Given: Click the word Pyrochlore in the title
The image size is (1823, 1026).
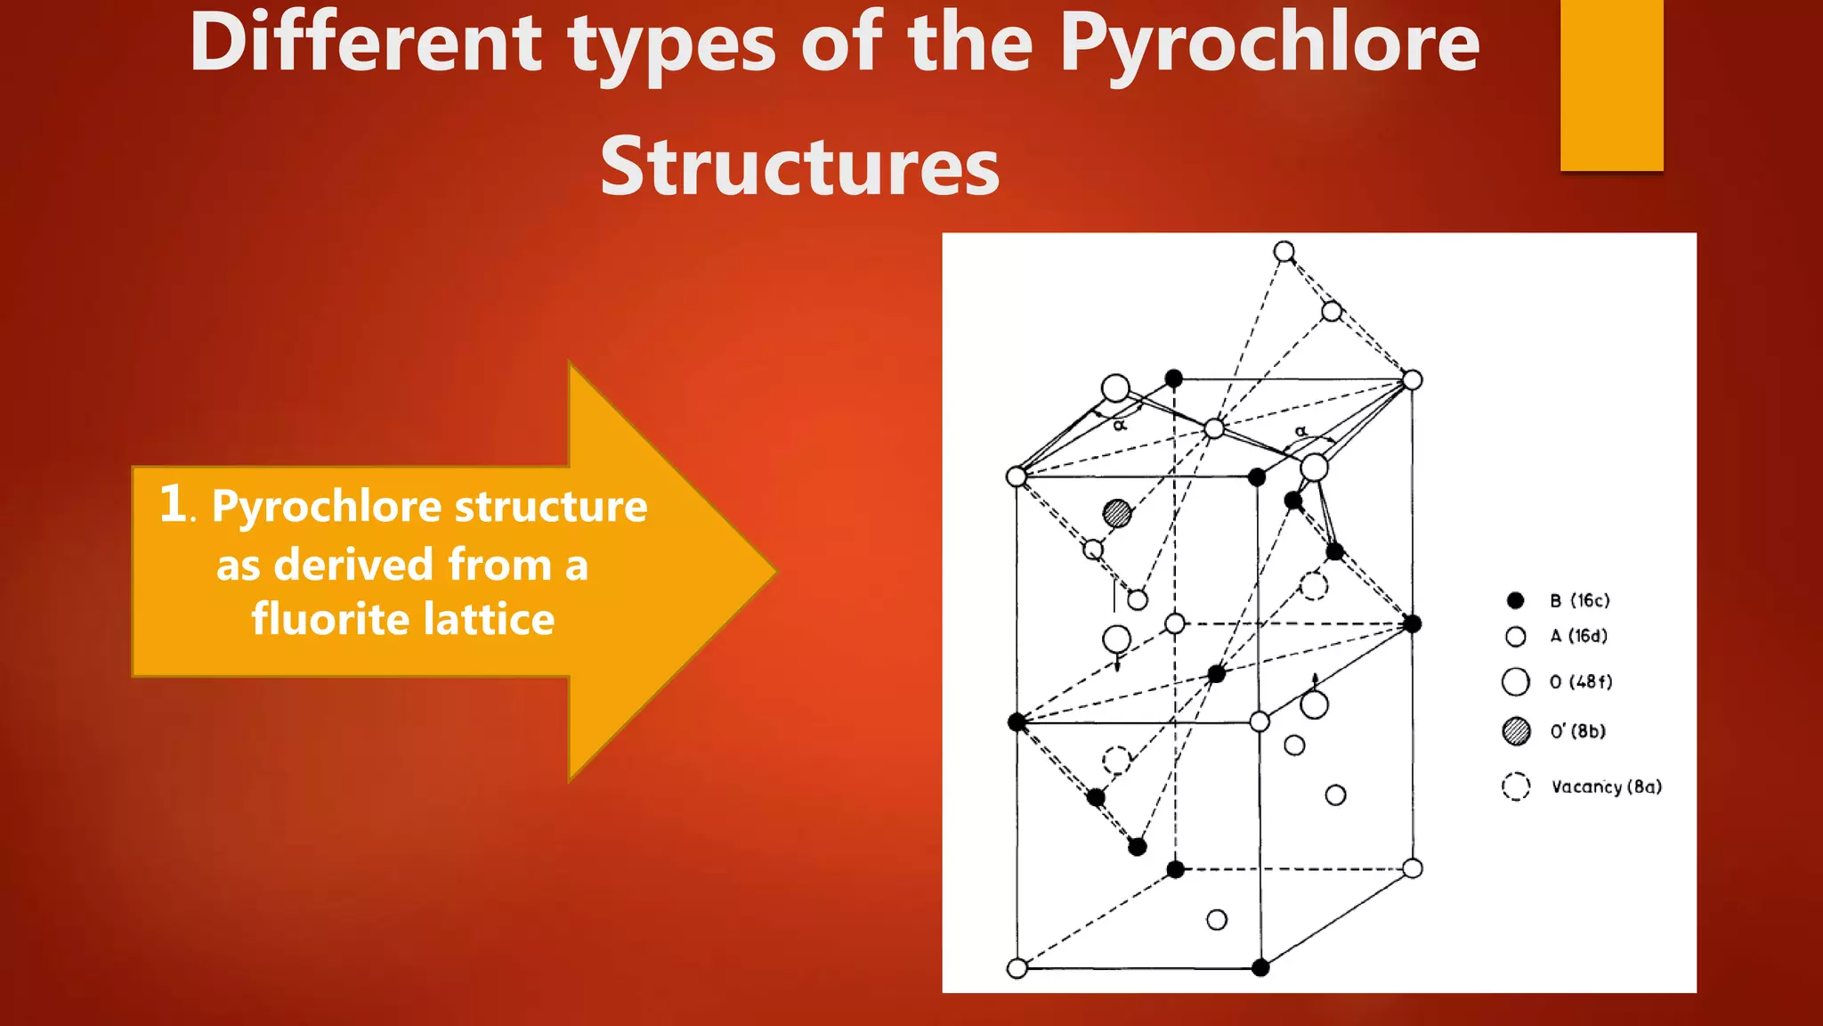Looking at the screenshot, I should [1268, 45].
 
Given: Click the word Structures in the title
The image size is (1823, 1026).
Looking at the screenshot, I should [799, 167].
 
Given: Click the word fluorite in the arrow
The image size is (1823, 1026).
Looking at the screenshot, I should [329, 619].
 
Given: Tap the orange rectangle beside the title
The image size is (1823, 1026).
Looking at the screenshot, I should [1611, 85].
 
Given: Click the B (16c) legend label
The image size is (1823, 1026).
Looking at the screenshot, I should [1579, 600].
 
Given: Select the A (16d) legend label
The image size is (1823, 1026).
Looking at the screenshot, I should [1578, 636].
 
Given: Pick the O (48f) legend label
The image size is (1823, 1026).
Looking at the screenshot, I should [1580, 682].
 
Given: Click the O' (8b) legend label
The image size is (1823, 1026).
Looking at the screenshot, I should [1577, 731].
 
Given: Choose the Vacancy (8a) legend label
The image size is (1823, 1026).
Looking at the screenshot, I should [1606, 786].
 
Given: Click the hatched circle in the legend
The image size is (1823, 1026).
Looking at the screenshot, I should [1516, 731].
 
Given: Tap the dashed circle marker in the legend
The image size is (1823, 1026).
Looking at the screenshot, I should [1516, 786].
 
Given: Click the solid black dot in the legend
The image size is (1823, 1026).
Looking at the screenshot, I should [1516, 600].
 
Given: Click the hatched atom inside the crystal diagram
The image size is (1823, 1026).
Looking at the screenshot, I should [1117, 513].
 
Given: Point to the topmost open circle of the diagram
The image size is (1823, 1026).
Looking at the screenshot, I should [1284, 252].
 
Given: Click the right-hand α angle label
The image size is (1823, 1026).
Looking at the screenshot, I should [1300, 432].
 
